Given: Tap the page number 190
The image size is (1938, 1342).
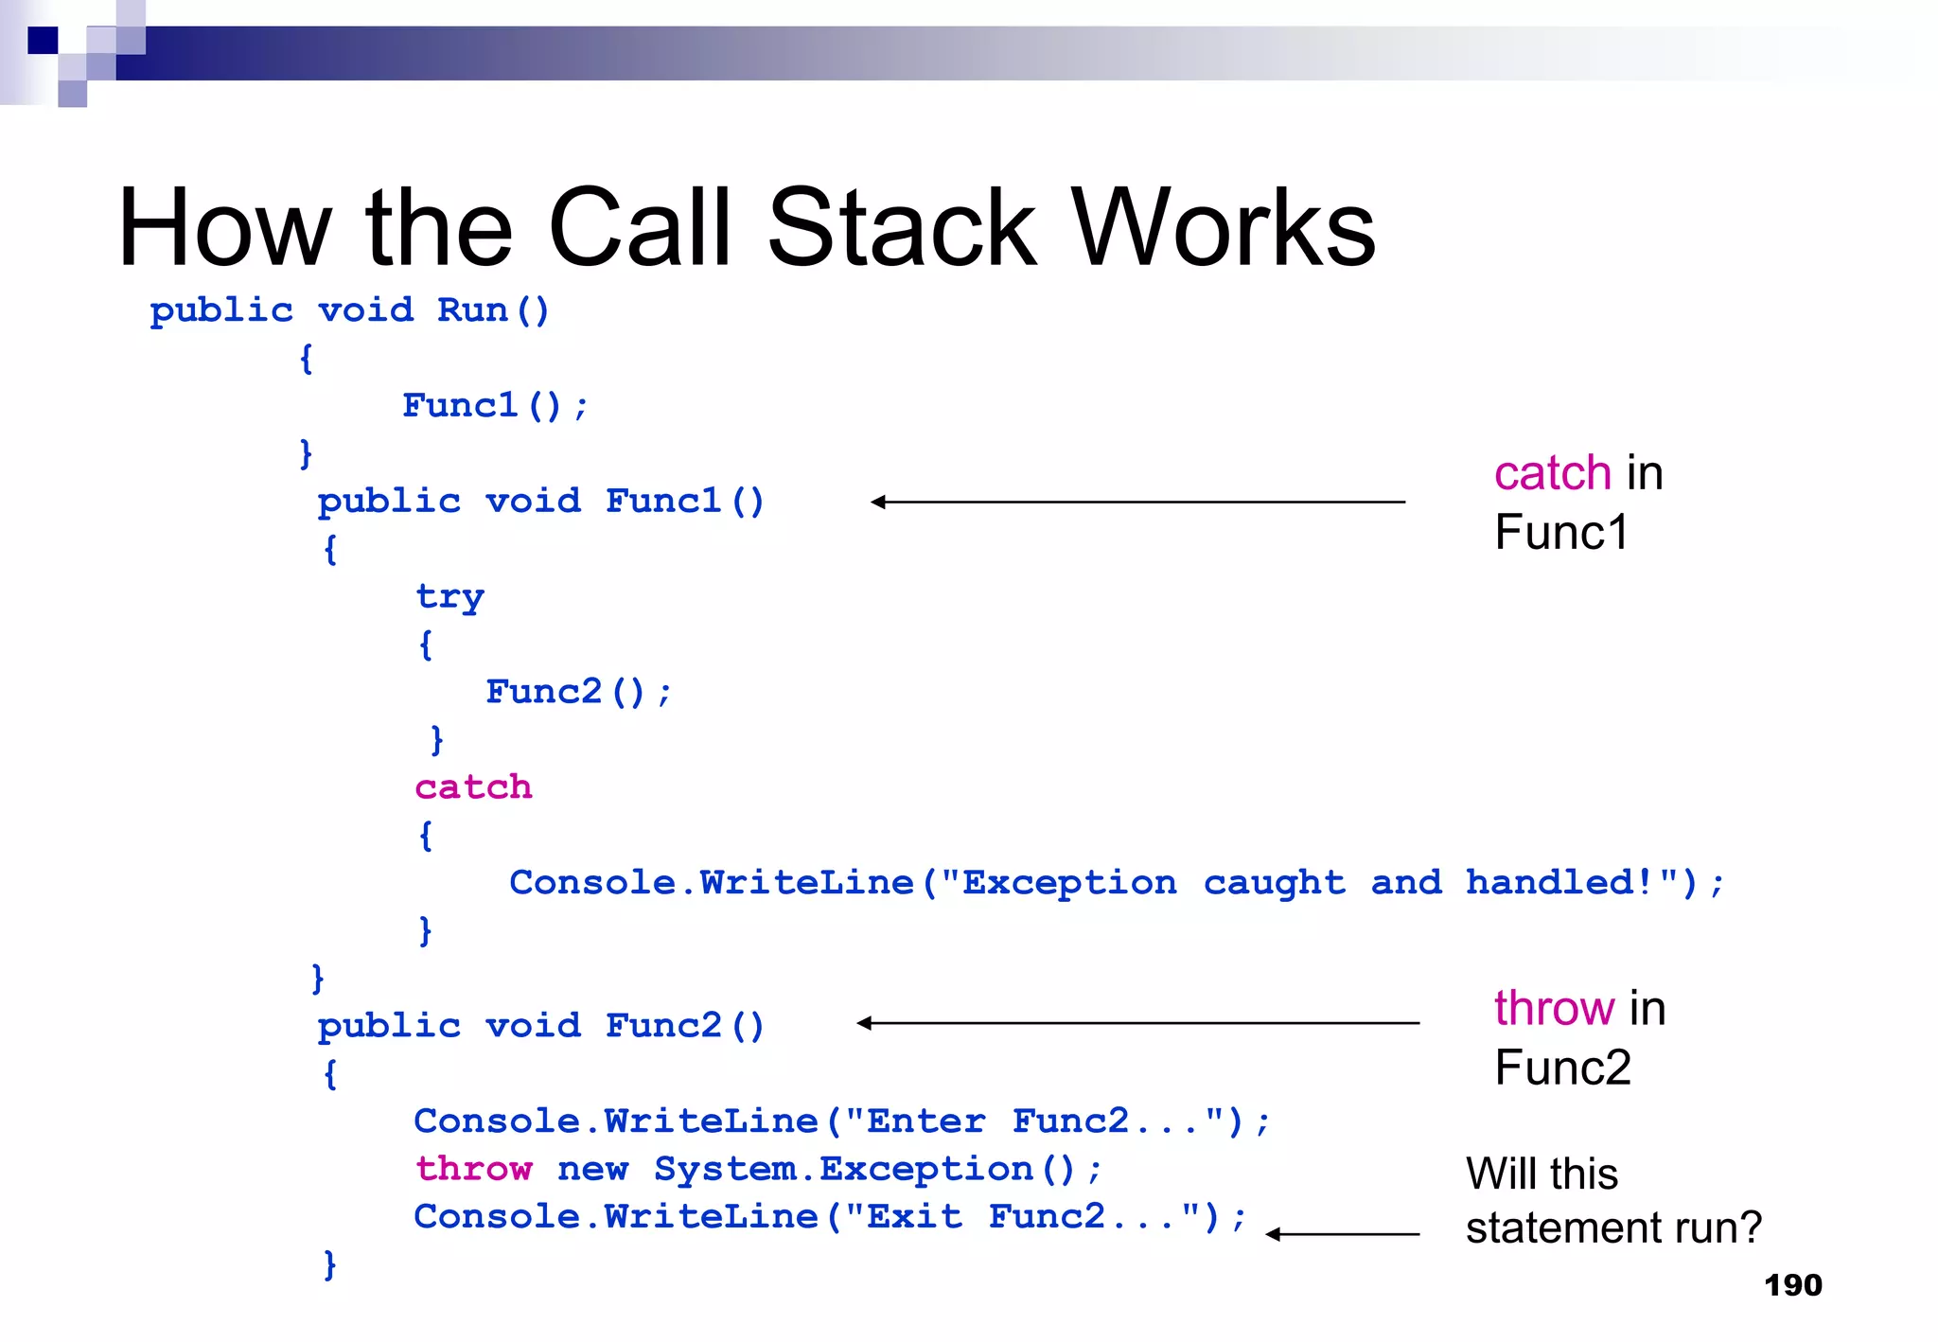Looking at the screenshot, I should pos(1792,1285).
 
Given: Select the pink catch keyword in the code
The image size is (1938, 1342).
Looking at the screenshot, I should pos(473,787).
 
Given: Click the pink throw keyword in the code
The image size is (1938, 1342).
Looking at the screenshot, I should pos(474,1169).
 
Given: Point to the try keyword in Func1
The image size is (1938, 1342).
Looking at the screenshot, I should pos(450,597).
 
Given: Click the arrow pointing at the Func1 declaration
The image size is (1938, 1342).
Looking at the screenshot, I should pos(1136,502).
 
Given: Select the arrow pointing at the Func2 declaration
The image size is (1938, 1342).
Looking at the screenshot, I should pos(1136,1023).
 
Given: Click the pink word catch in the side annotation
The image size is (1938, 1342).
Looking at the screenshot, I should pos(1552,473).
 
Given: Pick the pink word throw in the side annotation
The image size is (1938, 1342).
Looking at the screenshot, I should pos(1554,1008).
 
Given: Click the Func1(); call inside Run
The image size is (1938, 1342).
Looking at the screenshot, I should pos(495,406).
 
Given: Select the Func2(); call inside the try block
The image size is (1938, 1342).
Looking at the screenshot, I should pos(578,693).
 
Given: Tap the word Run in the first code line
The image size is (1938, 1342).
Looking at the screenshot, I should pos(472,310).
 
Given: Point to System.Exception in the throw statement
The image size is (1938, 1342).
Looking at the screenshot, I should pos(842,1169).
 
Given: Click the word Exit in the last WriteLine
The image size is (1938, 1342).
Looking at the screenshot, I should pos(914,1216).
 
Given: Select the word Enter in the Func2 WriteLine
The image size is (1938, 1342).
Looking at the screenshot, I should pos(925,1121).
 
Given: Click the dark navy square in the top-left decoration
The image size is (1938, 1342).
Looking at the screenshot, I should pos(43,40).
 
